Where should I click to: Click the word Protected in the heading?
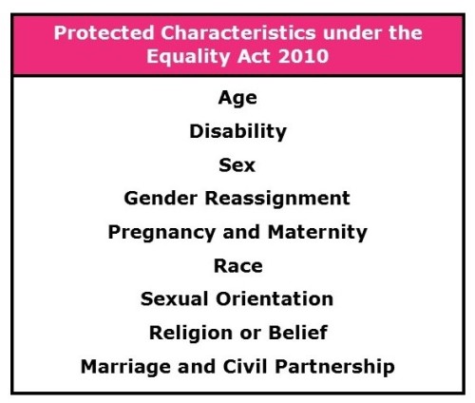tap(104, 33)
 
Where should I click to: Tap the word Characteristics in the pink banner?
tap(238, 33)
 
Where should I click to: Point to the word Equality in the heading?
tap(188, 58)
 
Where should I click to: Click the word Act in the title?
tap(254, 56)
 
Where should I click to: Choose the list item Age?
tap(237, 98)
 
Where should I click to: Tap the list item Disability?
tap(237, 132)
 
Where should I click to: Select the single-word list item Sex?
tap(237, 165)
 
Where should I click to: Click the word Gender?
tap(161, 199)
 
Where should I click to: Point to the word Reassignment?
tap(277, 200)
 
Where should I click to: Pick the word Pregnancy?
tap(161, 233)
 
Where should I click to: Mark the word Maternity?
tap(317, 233)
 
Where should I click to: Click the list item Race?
tap(238, 265)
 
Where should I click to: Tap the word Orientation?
tap(275, 298)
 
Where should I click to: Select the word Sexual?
tap(175, 298)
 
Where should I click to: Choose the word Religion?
tap(191, 334)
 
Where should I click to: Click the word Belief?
tap(297, 333)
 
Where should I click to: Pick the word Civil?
tap(245, 367)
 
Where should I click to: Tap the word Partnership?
tap(334, 368)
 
